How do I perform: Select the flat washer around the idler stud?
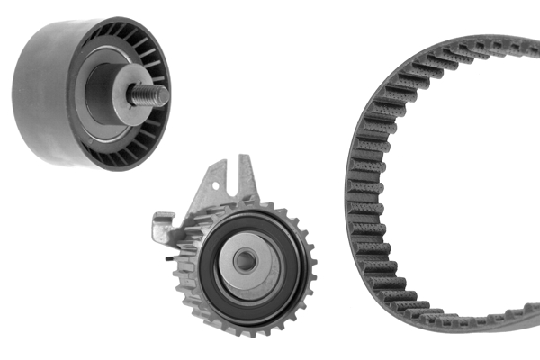click(x=125, y=94)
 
